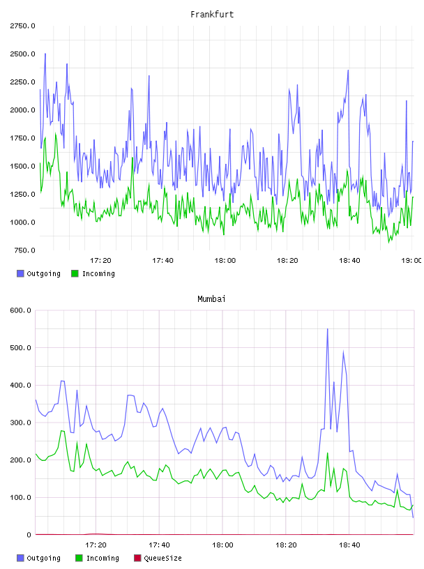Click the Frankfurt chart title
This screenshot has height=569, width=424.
[x=212, y=15]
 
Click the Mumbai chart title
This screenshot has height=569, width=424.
[x=211, y=299]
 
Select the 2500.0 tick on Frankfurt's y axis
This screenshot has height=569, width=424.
[x=22, y=54]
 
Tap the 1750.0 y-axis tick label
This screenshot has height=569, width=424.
[x=22, y=138]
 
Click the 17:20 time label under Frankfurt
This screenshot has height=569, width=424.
[x=100, y=261]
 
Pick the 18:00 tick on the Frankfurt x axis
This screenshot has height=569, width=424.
[x=225, y=261]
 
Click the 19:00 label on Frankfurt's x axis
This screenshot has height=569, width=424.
[x=411, y=261]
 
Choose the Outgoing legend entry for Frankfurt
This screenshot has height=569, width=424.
[x=38, y=273]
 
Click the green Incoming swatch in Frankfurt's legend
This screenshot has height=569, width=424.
[x=75, y=273]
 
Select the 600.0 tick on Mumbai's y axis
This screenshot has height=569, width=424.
[x=20, y=310]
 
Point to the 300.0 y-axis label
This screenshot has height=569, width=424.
[x=20, y=423]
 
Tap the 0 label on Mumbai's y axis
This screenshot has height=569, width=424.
[x=29, y=535]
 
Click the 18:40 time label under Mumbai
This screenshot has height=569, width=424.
[x=349, y=545]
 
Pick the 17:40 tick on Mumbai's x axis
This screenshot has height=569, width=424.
[x=159, y=545]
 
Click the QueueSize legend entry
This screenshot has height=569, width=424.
[x=158, y=558]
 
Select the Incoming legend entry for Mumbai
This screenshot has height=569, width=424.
[x=98, y=558]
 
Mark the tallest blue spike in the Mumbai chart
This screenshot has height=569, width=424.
[x=328, y=329]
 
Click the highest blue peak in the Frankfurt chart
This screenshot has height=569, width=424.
[x=45, y=54]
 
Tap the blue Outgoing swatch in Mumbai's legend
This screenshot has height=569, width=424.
[x=20, y=558]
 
